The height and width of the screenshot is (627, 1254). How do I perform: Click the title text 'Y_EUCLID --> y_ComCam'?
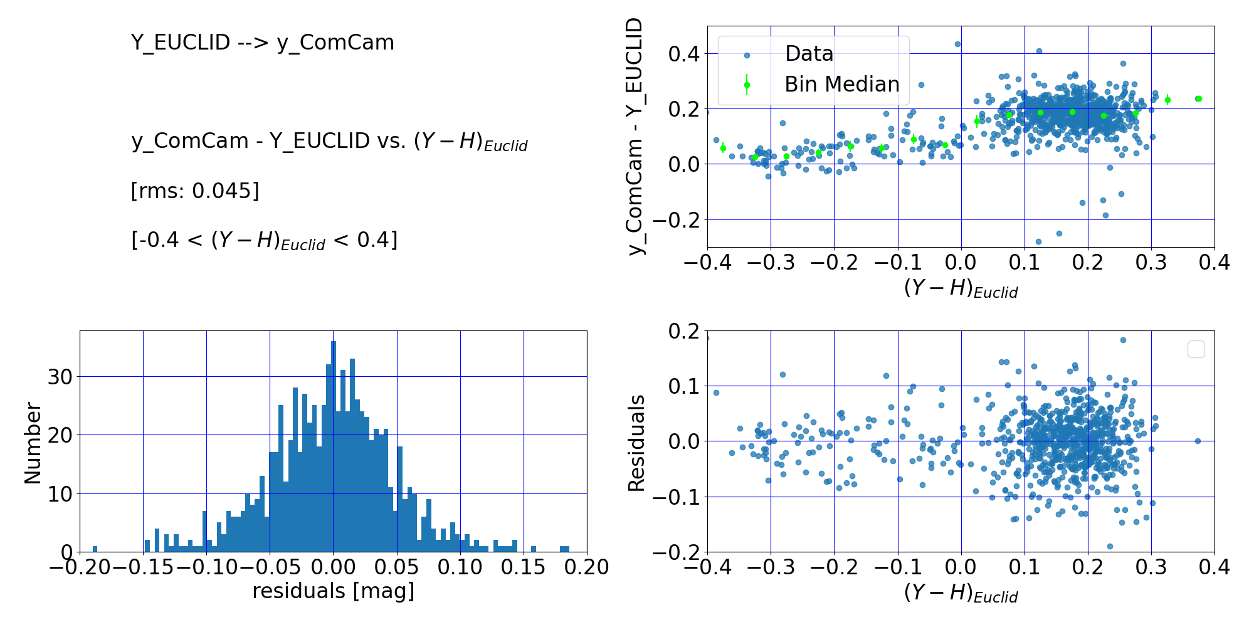tap(262, 43)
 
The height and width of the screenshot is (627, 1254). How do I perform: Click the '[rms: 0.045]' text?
tap(194, 191)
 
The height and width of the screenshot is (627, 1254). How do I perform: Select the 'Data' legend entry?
tap(809, 54)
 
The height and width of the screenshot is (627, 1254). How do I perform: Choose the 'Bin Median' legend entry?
tap(841, 85)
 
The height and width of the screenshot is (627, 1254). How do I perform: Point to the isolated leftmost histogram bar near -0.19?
tap(95, 549)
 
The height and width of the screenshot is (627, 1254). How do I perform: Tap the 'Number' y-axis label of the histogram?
tap(33, 443)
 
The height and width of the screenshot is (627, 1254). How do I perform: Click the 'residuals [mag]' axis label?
tap(334, 591)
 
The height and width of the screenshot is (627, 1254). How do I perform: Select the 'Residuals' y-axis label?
tap(637, 443)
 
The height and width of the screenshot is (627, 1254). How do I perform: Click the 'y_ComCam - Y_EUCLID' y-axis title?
tap(636, 137)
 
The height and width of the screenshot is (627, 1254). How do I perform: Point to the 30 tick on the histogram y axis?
tap(60, 377)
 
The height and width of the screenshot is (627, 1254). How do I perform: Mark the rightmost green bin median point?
tap(1198, 98)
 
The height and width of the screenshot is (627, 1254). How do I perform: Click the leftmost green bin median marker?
tap(723, 148)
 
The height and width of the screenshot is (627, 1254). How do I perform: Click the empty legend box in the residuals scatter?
tap(1196, 349)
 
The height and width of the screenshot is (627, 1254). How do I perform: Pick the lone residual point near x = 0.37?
tap(1198, 441)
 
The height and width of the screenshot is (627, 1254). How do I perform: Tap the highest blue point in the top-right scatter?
tap(957, 44)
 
